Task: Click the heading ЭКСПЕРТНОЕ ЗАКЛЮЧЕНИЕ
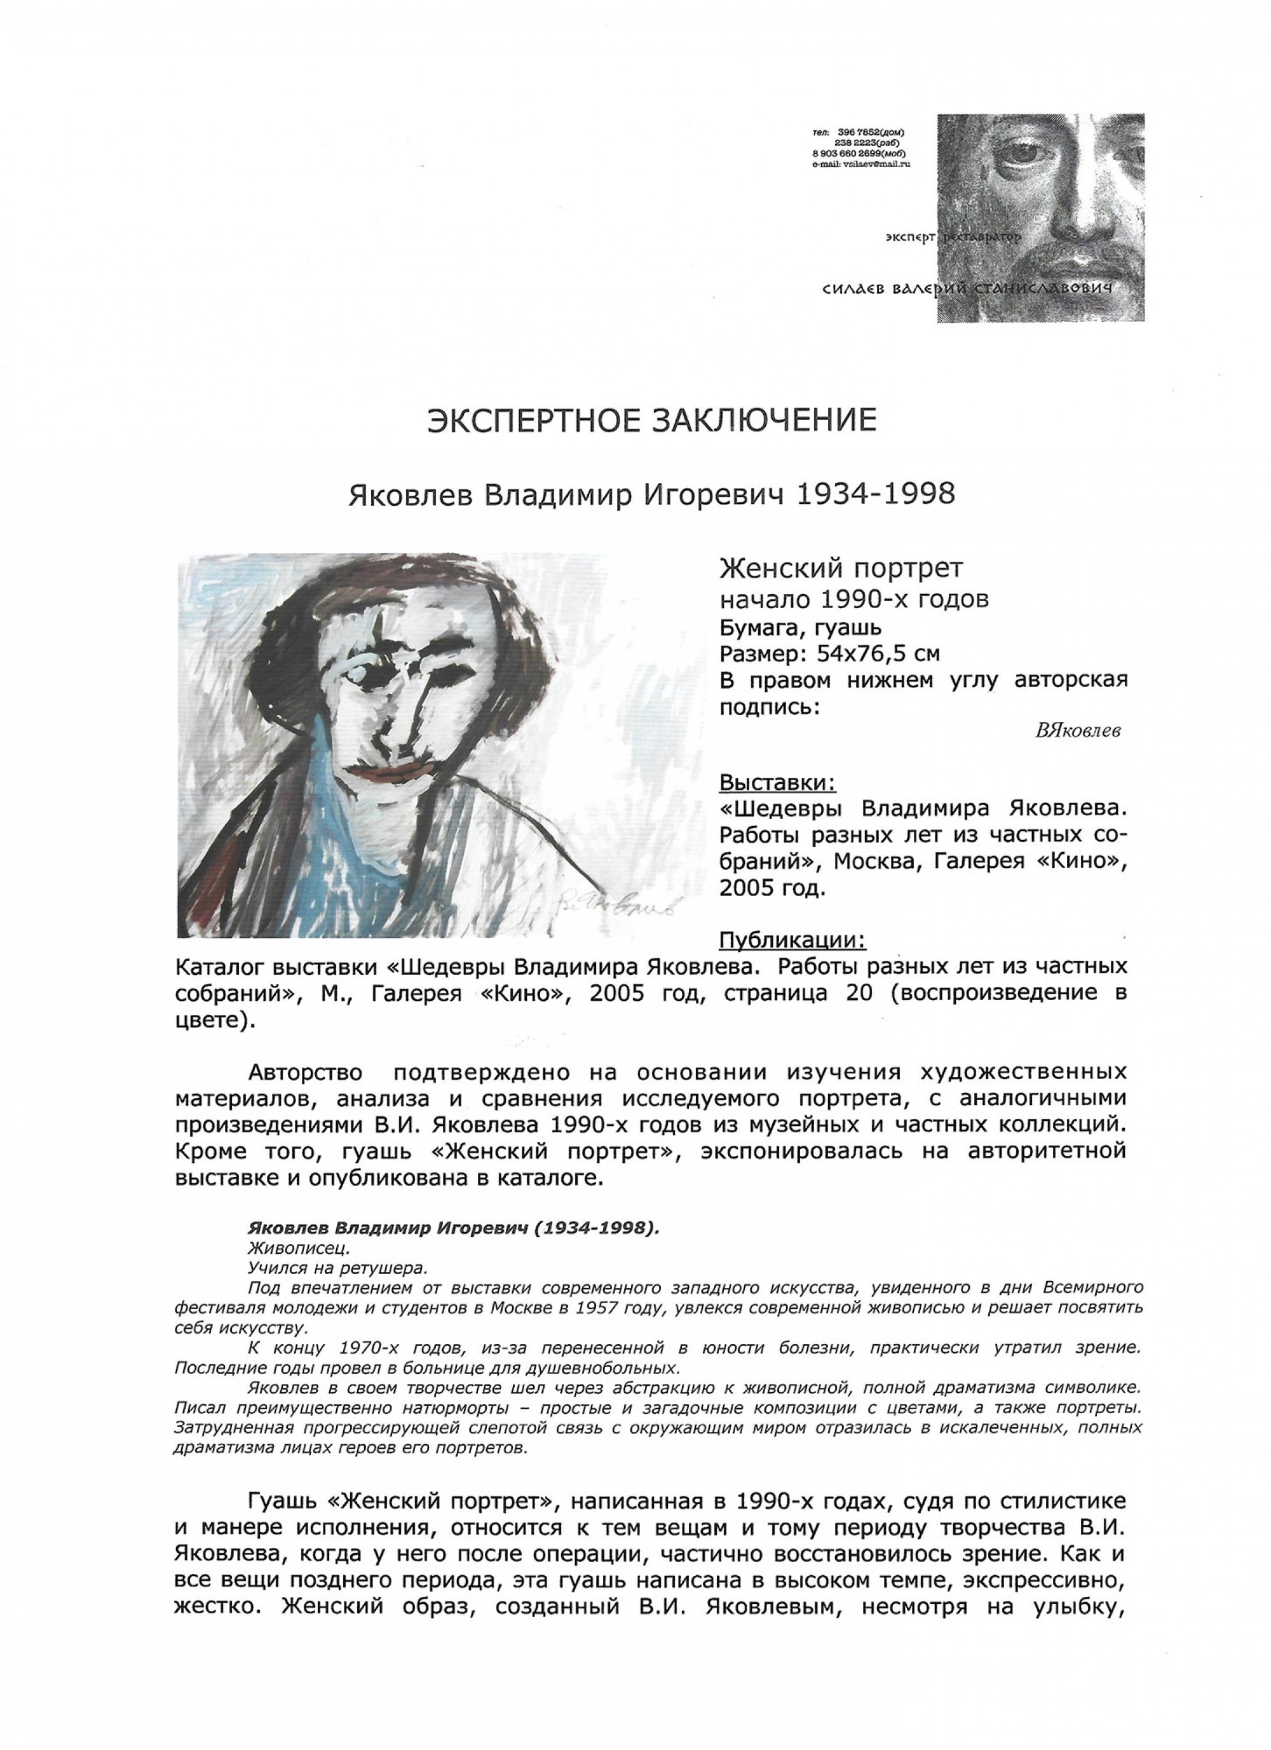coord(651,420)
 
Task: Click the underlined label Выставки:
coord(777,782)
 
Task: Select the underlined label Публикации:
coord(792,940)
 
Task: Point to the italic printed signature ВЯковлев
coord(1077,731)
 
